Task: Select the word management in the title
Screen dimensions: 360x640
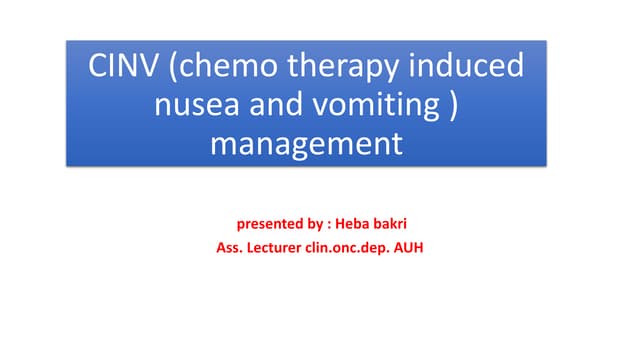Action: coord(306,145)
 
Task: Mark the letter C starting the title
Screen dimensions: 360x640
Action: coord(96,68)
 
